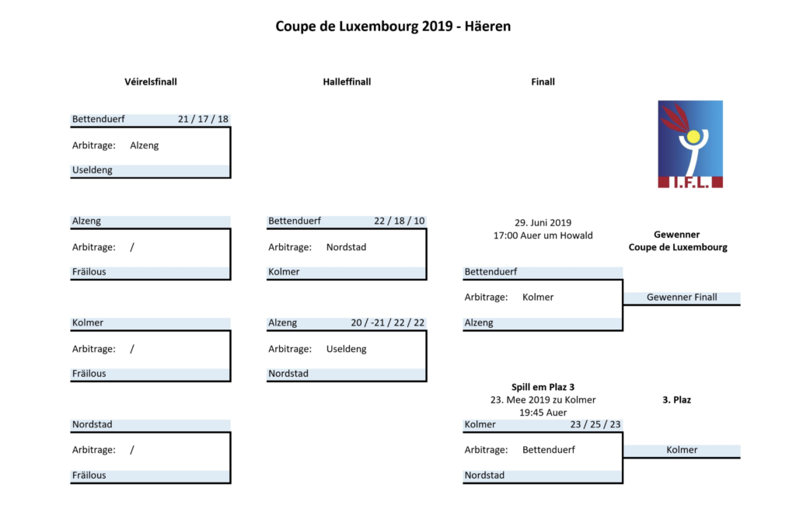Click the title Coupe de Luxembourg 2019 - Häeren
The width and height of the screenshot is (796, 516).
[393, 26]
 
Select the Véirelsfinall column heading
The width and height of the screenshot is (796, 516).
[151, 82]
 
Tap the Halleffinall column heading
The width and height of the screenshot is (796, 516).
[347, 82]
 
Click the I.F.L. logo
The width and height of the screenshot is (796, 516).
[690, 144]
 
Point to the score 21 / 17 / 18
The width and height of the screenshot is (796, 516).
[203, 119]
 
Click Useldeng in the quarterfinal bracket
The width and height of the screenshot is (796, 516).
[93, 170]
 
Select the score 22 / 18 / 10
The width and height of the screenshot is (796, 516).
[399, 221]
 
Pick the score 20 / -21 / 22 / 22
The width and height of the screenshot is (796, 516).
[387, 322]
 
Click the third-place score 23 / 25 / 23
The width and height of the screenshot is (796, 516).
[595, 424]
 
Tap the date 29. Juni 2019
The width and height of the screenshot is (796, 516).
[543, 223]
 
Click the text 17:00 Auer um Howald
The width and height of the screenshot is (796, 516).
[543, 235]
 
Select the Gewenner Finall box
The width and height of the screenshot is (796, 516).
[682, 298]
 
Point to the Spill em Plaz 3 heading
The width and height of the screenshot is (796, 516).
[543, 387]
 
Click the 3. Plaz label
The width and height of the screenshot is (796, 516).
[677, 399]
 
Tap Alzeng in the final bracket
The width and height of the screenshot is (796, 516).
[479, 322]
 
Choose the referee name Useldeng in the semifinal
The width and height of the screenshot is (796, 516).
[346, 349]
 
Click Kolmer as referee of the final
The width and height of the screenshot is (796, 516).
[538, 298]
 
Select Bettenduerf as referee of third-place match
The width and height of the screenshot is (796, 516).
[549, 449]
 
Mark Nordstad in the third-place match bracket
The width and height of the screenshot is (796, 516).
[484, 476]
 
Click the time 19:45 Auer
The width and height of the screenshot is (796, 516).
[543, 413]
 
